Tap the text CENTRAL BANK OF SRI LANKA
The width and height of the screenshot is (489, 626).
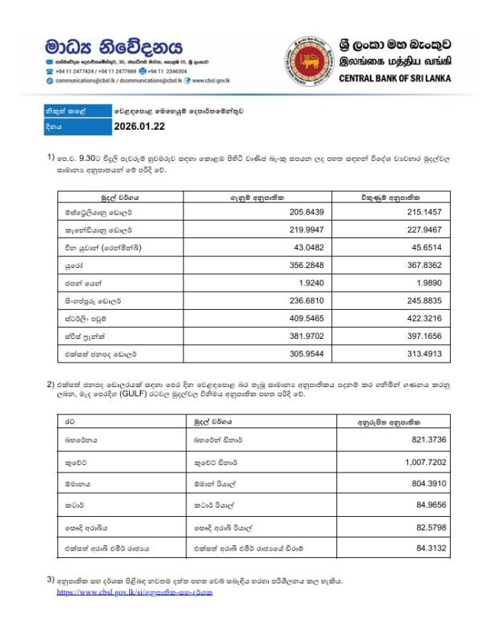coord(394,78)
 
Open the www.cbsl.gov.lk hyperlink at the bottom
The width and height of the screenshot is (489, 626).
coord(134,592)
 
